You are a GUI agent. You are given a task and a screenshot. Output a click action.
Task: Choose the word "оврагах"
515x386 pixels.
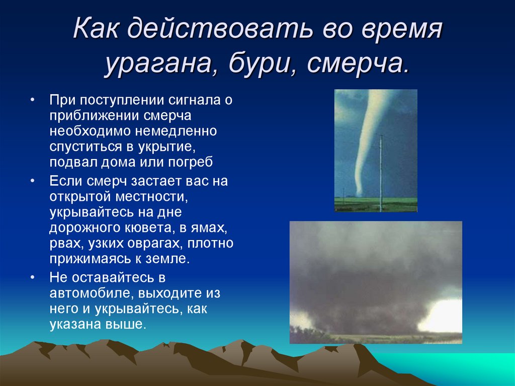[x=158, y=244]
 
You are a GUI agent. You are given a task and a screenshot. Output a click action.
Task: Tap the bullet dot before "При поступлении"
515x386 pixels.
[x=32, y=100]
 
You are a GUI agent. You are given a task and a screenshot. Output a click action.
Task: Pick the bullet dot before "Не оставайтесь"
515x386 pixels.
[x=32, y=277]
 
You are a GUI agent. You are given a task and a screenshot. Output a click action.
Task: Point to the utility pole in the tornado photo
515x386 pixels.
[x=381, y=171]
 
